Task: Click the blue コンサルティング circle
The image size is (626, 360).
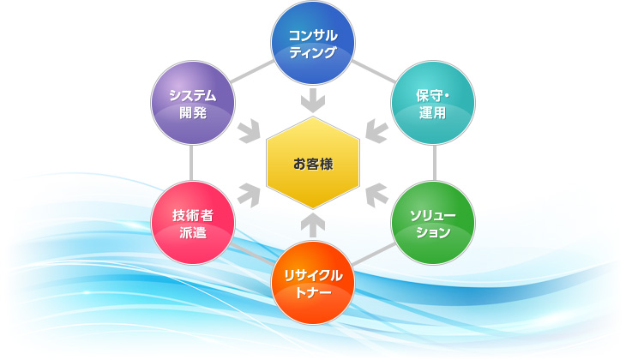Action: pyautogui.click(x=313, y=43)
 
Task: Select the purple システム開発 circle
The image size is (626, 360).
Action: pyautogui.click(x=193, y=103)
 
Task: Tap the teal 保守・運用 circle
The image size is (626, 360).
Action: pyautogui.click(x=433, y=103)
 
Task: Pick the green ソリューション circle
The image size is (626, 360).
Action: pyautogui.click(x=433, y=223)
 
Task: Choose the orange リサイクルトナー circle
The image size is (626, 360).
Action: pyautogui.click(x=313, y=283)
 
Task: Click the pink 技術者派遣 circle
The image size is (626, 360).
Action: pyautogui.click(x=193, y=223)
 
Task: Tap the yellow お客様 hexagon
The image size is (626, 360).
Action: pyautogui.click(x=313, y=163)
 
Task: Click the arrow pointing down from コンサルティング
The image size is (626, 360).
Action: pyautogui.click(x=313, y=99)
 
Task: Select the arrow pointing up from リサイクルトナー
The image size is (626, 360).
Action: pyautogui.click(x=313, y=225)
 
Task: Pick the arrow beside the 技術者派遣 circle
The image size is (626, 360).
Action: pyautogui.click(x=250, y=195)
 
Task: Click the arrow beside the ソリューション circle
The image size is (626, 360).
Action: pyautogui.click(x=376, y=195)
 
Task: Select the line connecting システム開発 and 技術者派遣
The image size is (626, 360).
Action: pyautogui.click(x=191, y=163)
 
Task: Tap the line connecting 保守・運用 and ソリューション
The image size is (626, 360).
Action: pyautogui.click(x=435, y=163)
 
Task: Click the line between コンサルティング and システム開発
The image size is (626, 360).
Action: pyautogui.click(x=253, y=72)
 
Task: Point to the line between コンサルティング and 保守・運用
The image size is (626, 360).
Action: pyautogui.click(x=373, y=72)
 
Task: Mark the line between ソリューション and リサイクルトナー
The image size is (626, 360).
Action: pyautogui.click(x=374, y=255)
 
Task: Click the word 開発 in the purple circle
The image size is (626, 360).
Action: pyautogui.click(x=193, y=112)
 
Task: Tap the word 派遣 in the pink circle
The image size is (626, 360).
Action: pyautogui.click(x=193, y=232)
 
